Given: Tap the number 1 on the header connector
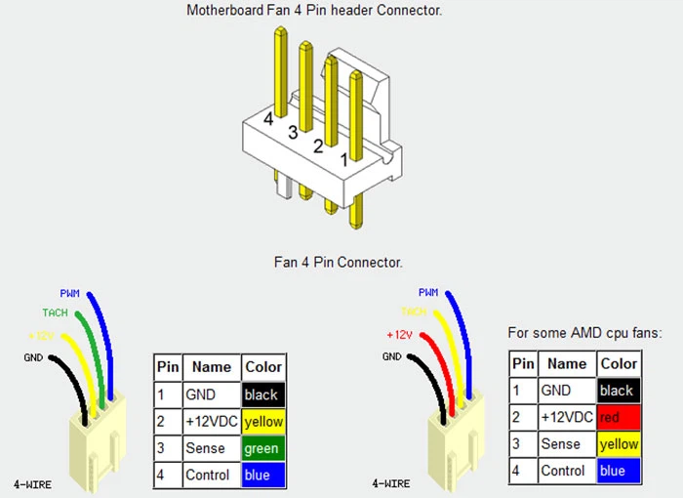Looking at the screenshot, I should [343, 157].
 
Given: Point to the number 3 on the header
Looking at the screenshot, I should [293, 132].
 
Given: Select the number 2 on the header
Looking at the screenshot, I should [317, 146].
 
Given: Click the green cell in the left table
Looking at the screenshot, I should [262, 448].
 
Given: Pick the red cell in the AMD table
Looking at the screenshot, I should [619, 417].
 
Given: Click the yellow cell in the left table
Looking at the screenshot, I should [262, 422].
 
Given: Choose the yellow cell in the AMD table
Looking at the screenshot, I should [619, 443].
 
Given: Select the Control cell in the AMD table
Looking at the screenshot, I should [563, 470].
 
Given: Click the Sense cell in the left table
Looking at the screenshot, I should [205, 448].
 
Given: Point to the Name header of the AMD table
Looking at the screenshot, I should [567, 363].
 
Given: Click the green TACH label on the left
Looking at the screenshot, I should [56, 312].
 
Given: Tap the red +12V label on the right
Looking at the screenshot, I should [394, 335].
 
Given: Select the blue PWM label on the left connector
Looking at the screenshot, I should [70, 292].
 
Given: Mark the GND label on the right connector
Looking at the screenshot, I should [392, 356].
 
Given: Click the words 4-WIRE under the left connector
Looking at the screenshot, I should [33, 483].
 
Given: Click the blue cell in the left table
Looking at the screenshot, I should [262, 475].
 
